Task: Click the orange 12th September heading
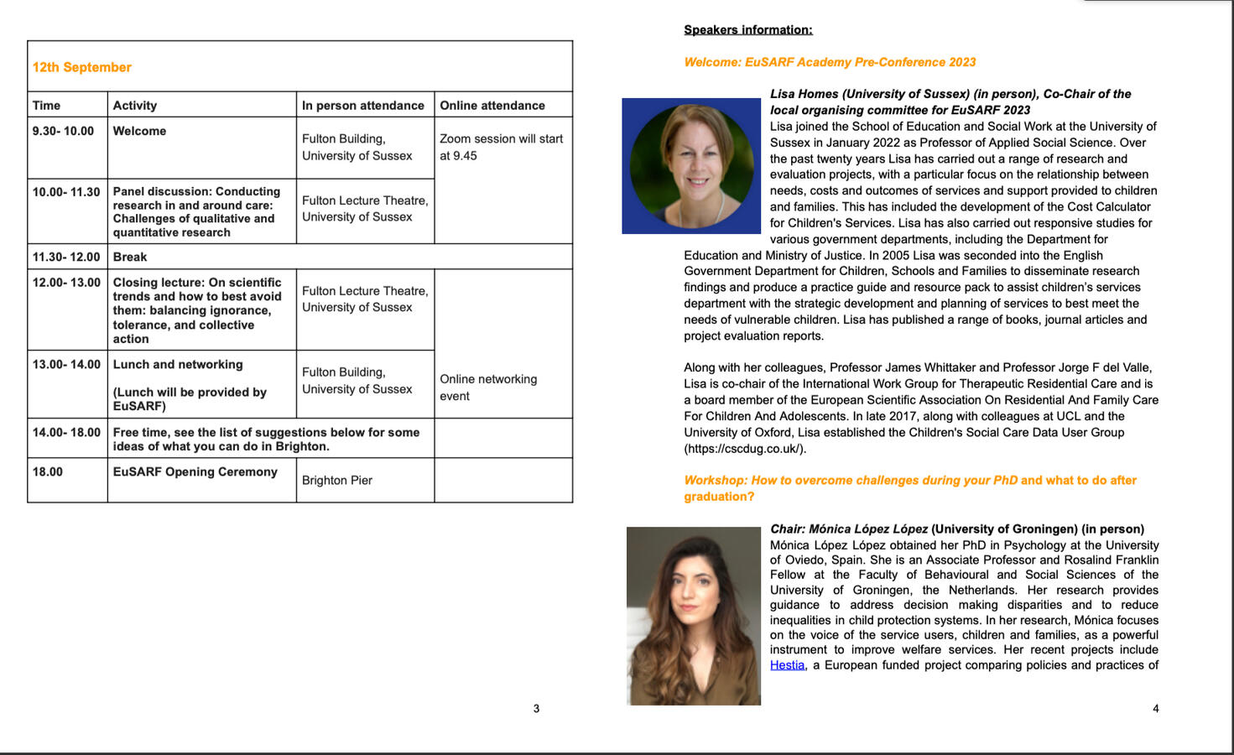click(x=82, y=67)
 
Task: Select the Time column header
click(x=47, y=106)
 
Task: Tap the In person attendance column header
click(x=363, y=106)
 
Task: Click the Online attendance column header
click(x=492, y=106)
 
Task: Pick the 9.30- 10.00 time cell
click(x=64, y=131)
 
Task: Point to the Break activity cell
click(x=130, y=257)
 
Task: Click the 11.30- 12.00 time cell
click(x=66, y=257)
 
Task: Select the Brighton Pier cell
click(x=337, y=480)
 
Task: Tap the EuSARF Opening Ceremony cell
click(x=195, y=471)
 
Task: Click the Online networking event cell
click(x=488, y=388)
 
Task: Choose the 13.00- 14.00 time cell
click(x=66, y=364)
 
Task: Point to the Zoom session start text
click(x=501, y=147)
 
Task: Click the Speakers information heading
click(x=748, y=30)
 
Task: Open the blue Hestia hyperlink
click(x=787, y=665)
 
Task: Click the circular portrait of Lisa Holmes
click(x=691, y=166)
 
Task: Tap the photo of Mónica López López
click(x=694, y=616)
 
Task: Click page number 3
click(x=537, y=709)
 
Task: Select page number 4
click(x=1155, y=709)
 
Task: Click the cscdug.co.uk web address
click(x=745, y=449)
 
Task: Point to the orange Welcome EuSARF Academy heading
click(x=830, y=62)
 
